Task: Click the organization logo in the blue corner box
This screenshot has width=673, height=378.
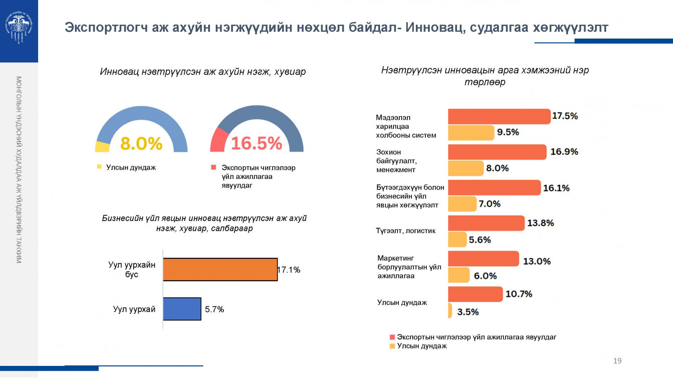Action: [x=19, y=27]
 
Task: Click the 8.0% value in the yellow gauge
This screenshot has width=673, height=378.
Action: [x=141, y=144]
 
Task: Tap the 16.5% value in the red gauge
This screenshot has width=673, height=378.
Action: [x=256, y=143]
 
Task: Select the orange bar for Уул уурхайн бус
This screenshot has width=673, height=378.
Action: [x=220, y=269]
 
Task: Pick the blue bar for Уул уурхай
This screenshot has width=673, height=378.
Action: [x=182, y=309]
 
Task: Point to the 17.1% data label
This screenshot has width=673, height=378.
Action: [x=289, y=270]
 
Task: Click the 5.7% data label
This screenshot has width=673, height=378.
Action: [x=214, y=309]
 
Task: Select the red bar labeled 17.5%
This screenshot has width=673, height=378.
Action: [x=499, y=117]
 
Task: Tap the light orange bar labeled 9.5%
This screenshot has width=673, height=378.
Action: [x=471, y=133]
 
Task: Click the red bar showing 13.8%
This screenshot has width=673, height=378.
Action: [x=486, y=223]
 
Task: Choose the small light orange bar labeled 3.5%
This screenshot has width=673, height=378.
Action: [x=450, y=311]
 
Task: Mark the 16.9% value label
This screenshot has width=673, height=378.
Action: [x=564, y=152]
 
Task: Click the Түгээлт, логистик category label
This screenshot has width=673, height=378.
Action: [x=406, y=231]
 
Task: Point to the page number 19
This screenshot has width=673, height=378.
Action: [x=617, y=361]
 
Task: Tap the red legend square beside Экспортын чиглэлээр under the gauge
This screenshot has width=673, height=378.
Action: [x=214, y=168]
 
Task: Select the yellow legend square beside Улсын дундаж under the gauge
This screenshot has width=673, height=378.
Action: [x=99, y=167]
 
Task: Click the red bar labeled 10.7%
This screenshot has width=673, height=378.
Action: [x=475, y=294]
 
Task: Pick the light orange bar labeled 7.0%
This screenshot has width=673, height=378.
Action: [x=462, y=204]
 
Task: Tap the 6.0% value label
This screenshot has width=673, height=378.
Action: [x=485, y=276]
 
